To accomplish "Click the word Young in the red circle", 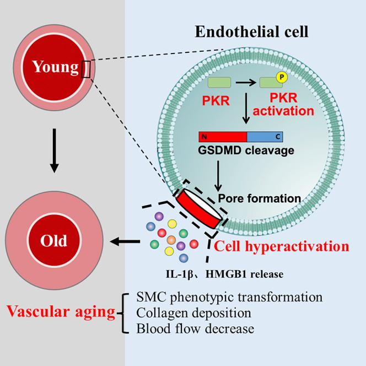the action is coord(55,67).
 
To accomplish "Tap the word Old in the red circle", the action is coord(53,240).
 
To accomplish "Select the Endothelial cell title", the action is coord(251,31).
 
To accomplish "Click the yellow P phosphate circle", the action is coord(282,77).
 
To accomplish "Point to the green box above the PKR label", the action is coord(219,83).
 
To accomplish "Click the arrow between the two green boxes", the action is coord(246,82).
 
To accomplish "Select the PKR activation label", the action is coord(283,104).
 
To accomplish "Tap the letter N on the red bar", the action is coord(204,137).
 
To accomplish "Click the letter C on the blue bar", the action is coord(278,137).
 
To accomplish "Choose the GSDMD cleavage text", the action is coord(246,150).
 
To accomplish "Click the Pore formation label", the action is coord(259,198).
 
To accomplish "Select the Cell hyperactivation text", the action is coord(282,246).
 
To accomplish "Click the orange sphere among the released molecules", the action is coord(171,240).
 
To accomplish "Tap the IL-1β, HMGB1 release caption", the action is coord(224,274).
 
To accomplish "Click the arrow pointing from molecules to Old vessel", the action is coord(125,241).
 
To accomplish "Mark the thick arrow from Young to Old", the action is coord(55,150).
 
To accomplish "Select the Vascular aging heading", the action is coord(61,311).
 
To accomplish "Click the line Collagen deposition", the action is coord(193,313).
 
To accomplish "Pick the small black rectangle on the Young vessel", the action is coord(85,69).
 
